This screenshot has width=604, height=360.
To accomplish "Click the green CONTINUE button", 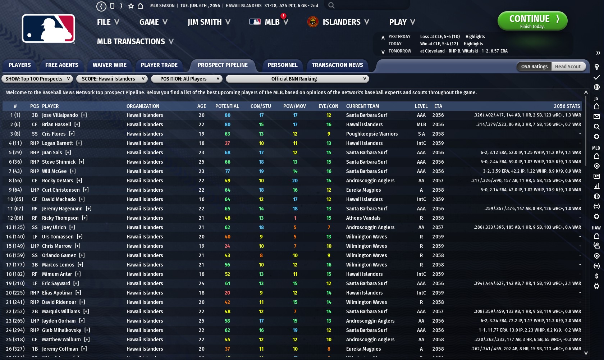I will coord(532,21).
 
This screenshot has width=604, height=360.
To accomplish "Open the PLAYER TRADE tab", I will coord(159,65).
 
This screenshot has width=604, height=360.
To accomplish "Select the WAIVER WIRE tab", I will coord(109,65).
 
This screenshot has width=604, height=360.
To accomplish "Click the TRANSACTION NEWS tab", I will coord(337,65).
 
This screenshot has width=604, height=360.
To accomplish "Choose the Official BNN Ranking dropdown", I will coord(297,79).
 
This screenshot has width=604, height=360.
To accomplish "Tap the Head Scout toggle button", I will coord(568,67).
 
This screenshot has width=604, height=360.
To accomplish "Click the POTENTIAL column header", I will coord(227,106).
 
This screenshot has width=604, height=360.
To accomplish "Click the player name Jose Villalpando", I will coord(60,115).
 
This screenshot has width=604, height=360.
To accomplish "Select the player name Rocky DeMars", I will coord(58,181).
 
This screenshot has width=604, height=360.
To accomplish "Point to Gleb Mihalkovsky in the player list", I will coord(61,330).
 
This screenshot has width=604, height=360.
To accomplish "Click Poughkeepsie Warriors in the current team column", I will coord(372,134).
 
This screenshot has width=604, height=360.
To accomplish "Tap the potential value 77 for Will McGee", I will coord(227,171).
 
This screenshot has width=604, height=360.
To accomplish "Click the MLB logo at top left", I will coord(49,29).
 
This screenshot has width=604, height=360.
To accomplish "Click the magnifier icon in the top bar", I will coord(331,5).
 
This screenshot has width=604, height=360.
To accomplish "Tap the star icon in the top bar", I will coord(131,6).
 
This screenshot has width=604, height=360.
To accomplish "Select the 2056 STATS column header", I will coord(567,106).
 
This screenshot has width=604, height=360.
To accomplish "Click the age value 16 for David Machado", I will coord(201,199).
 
